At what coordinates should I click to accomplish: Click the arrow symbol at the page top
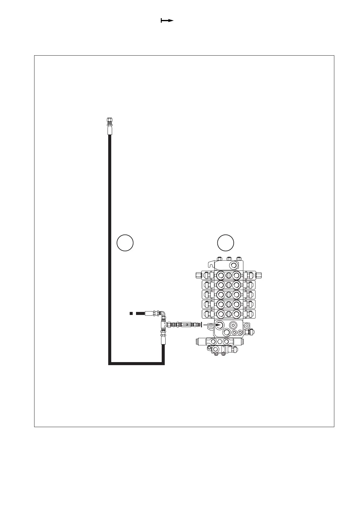[x=167, y=21]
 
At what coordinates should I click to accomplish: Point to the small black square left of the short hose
[x=131, y=313]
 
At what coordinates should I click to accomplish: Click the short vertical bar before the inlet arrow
[x=201, y=324]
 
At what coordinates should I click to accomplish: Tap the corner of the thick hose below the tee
[x=163, y=363]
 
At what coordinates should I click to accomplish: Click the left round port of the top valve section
[x=221, y=275]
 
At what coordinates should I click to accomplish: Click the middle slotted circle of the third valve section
[x=229, y=295]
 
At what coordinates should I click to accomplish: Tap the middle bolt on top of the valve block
[x=229, y=259]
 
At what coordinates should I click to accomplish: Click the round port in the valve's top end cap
[x=233, y=266]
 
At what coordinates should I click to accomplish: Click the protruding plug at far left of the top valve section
[x=198, y=275]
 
